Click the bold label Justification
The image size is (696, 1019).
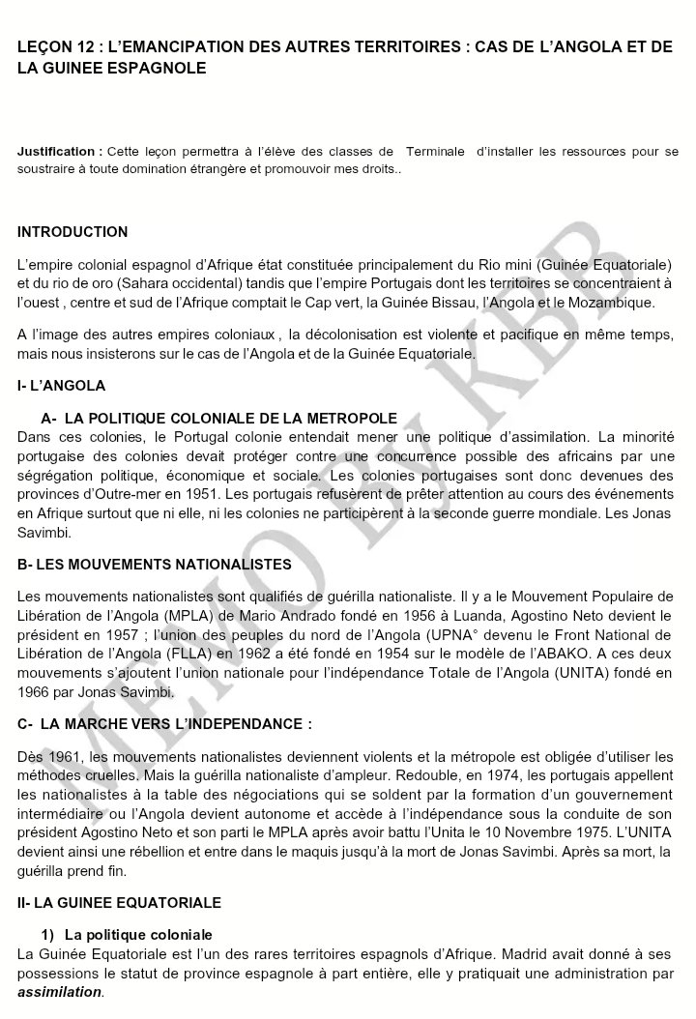pyautogui.click(x=58, y=152)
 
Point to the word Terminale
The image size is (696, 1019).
pyautogui.click(x=434, y=152)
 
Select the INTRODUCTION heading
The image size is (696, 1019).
pyautogui.click(x=72, y=232)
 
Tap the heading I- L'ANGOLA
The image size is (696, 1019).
pyautogui.click(x=61, y=386)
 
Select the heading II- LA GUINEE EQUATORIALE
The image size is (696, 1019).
pyautogui.click(x=120, y=902)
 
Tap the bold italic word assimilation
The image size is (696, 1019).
pyautogui.click(x=59, y=992)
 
